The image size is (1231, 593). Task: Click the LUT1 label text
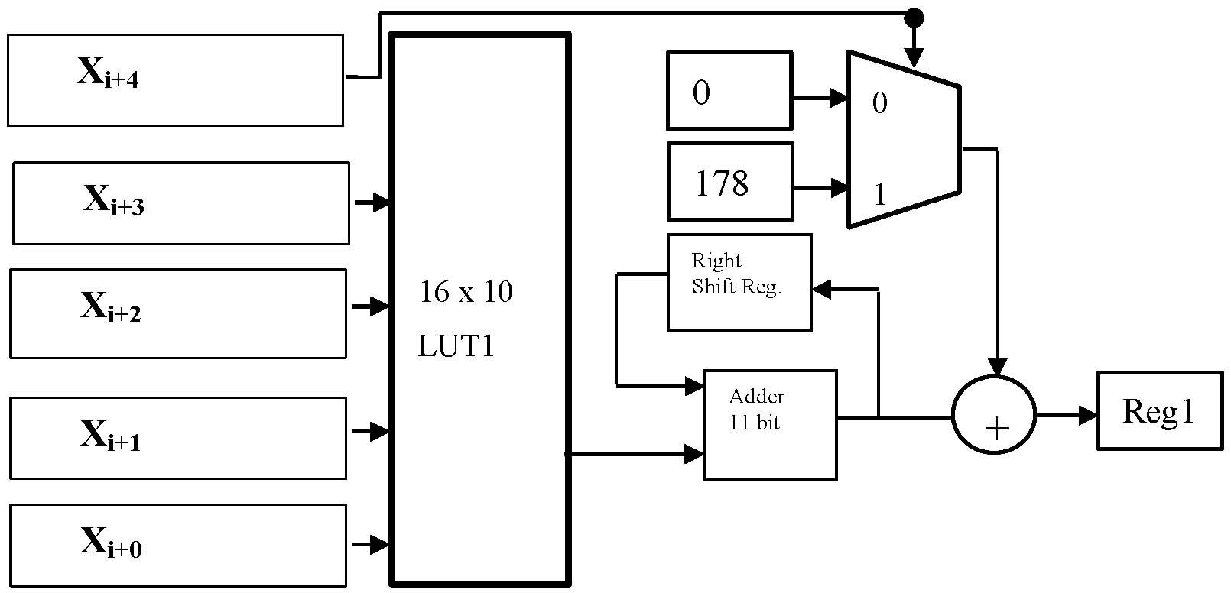pos(456,346)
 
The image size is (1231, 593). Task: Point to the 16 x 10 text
pos(466,291)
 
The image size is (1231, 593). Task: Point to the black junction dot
pos(914,18)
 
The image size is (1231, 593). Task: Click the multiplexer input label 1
pos(880,194)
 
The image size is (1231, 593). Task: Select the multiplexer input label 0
pos(880,102)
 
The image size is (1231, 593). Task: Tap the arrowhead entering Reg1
pos(1089,416)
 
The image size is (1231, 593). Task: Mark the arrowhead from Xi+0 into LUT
pos(380,545)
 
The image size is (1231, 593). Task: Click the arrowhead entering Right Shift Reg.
pos(822,289)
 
